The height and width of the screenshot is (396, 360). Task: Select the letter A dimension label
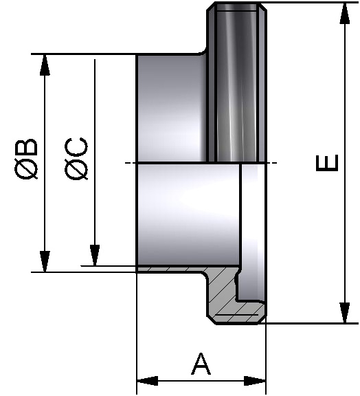[200, 364]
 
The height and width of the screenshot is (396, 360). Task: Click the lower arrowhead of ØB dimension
[45, 261]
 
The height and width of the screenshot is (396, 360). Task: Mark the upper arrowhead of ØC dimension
[95, 70]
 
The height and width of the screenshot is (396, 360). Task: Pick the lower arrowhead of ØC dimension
[95, 255]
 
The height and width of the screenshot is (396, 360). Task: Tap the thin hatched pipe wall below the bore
[172, 269]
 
